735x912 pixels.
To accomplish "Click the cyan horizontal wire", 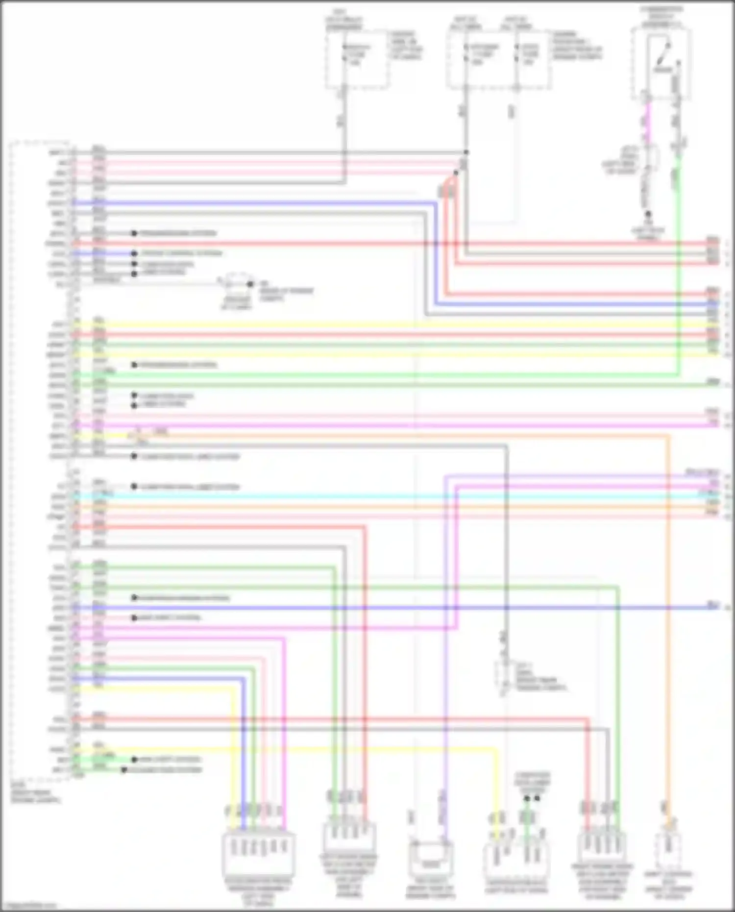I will point(392,496).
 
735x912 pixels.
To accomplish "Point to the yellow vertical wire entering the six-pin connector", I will point(232,750).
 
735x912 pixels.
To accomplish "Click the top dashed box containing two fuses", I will point(497,59).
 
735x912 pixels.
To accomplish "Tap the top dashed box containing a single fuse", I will point(357,59).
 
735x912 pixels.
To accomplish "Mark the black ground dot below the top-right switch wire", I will point(648,214).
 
